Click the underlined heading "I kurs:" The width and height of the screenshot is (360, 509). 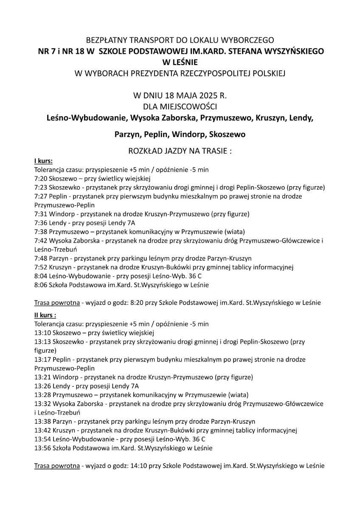pos(43,162)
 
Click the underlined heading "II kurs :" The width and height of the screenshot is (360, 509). pos(45,315)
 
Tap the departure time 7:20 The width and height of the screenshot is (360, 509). pos(40,178)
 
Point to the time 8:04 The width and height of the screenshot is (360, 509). pos(40,276)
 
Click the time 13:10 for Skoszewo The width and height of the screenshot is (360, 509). pos(42,332)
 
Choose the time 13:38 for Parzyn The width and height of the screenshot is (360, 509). pos(42,422)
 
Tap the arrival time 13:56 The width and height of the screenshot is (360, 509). pos(42,448)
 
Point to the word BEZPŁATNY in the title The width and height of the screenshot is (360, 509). pos(106,41)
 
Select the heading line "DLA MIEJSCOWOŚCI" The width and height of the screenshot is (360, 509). pos(180,105)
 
